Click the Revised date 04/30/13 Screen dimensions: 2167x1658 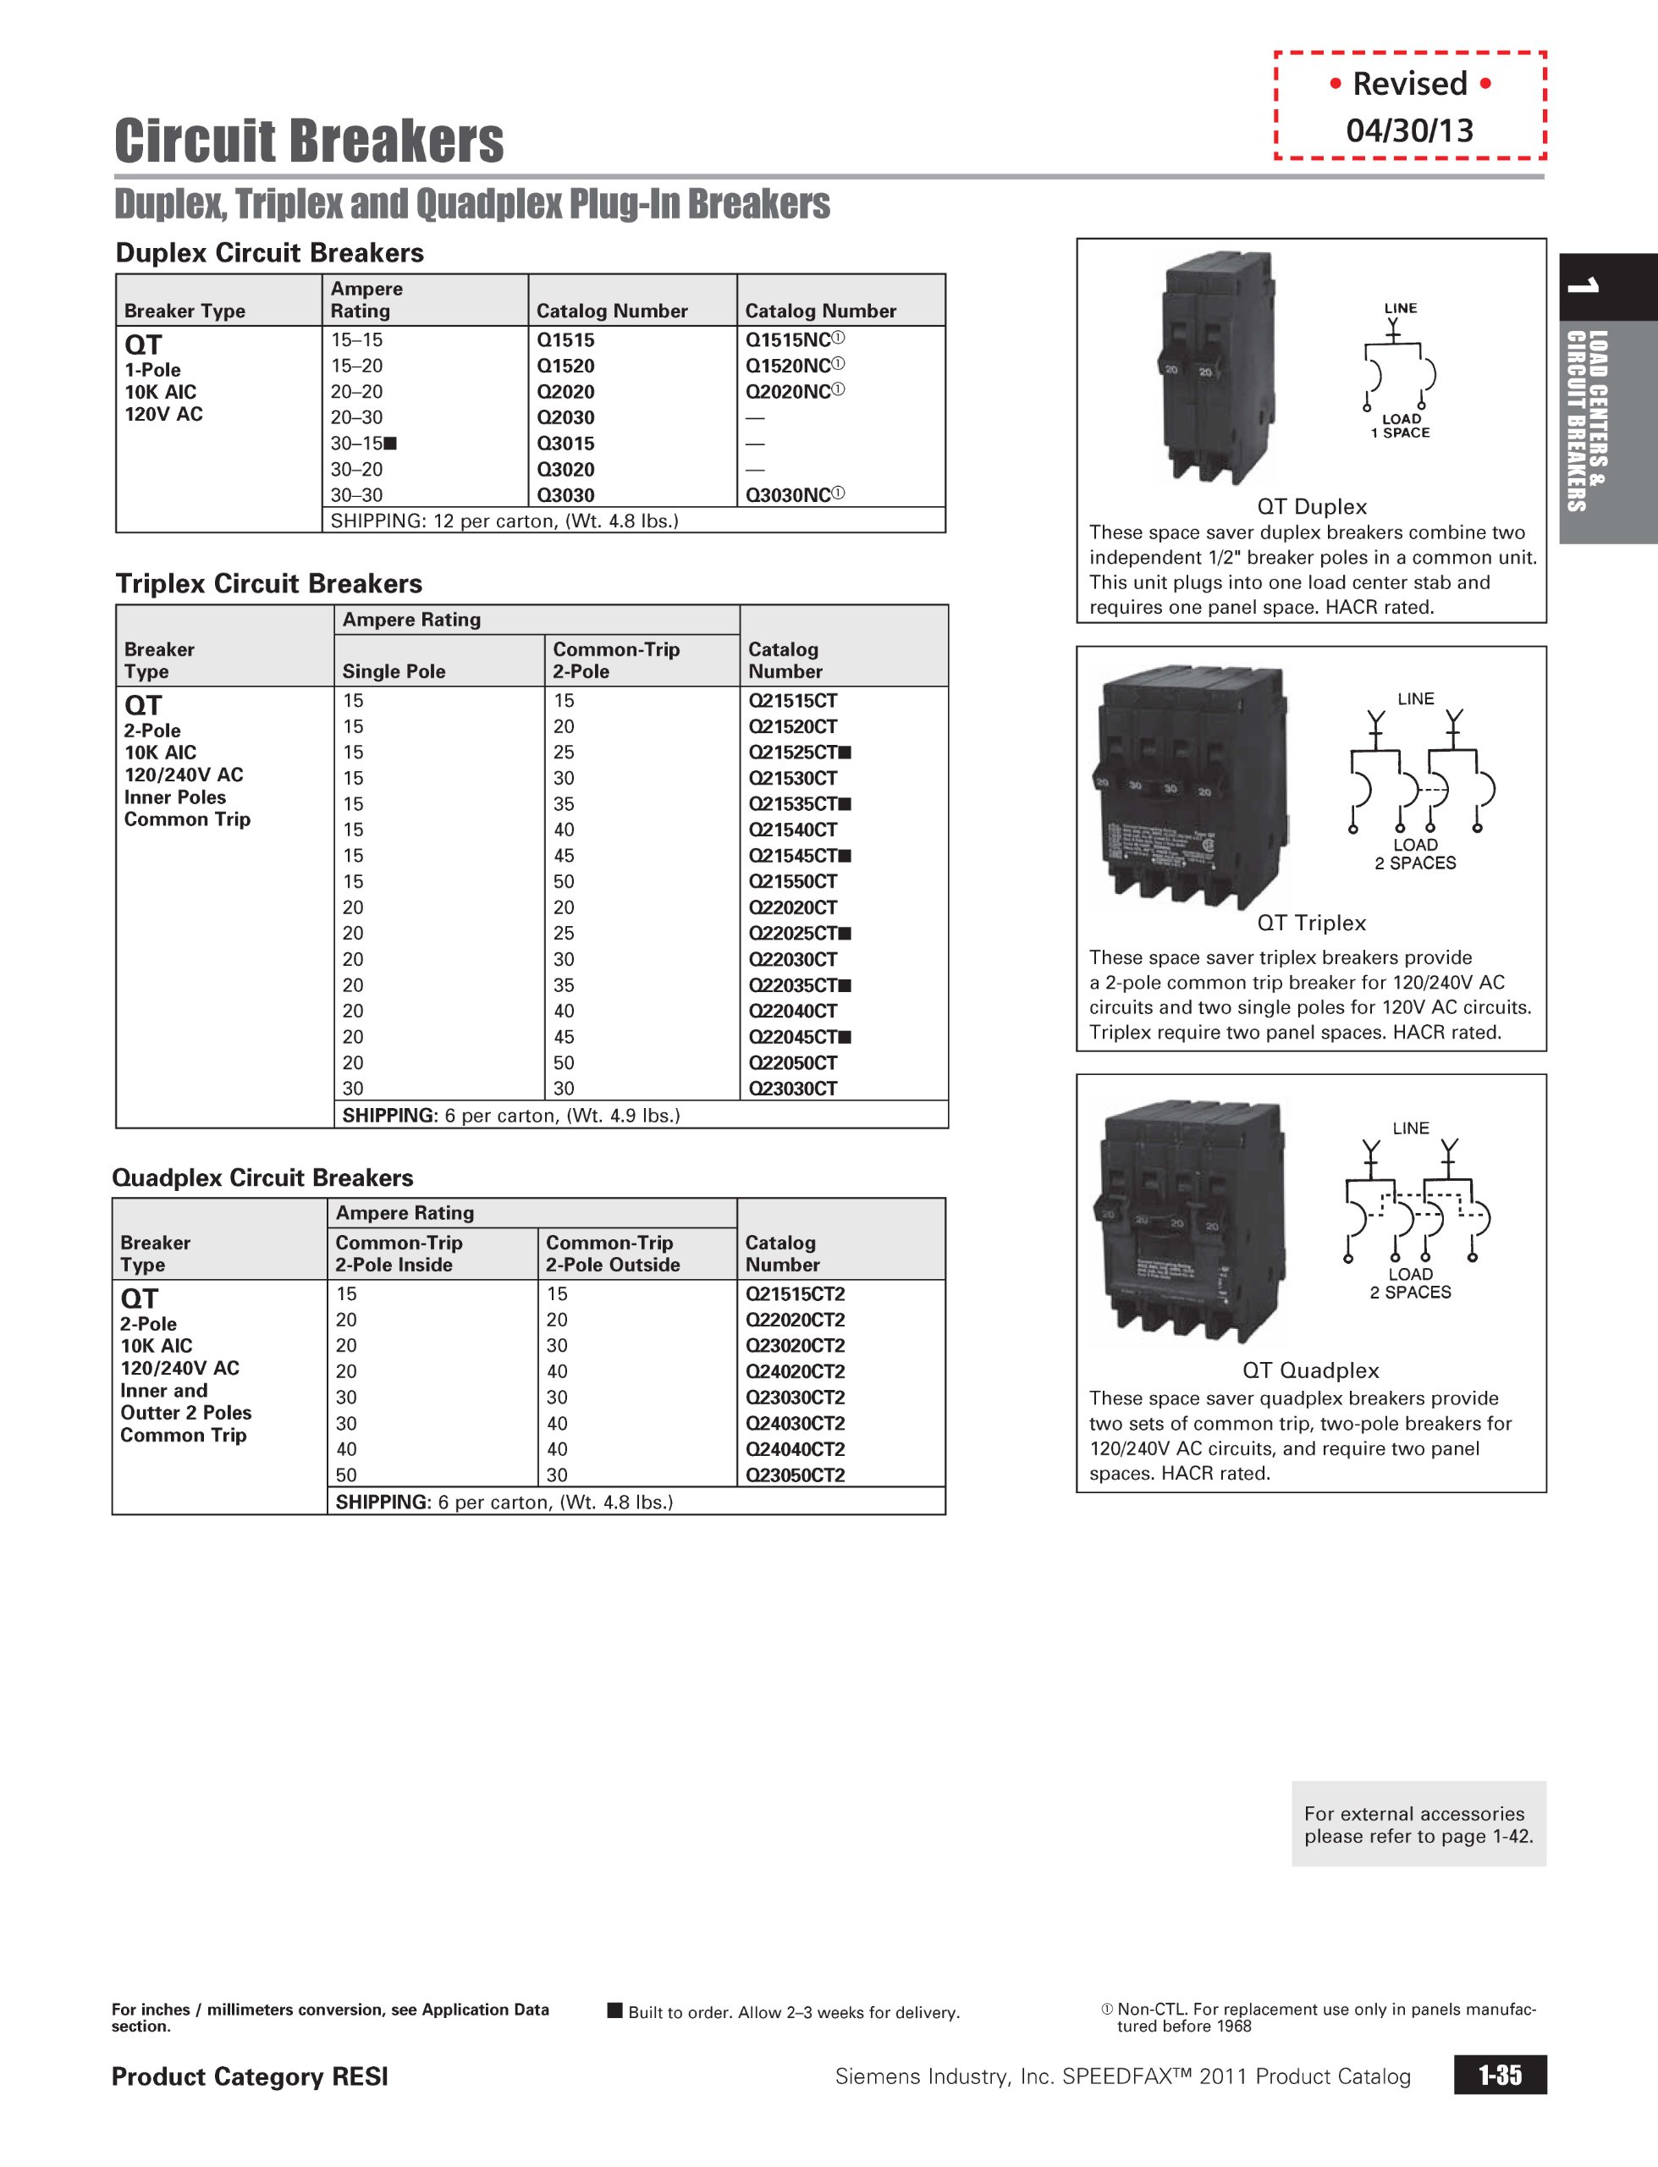[1409, 130]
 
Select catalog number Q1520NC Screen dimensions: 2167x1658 [789, 366]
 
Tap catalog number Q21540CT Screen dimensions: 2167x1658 [792, 830]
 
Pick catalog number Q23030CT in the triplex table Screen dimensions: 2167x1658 [792, 1089]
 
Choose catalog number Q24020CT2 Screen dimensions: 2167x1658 [795, 1371]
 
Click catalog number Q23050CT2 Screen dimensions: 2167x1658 [795, 1475]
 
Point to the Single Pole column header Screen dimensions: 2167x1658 [394, 671]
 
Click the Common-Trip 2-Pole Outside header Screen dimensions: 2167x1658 [613, 1254]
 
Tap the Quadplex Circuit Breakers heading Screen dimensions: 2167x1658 [262, 1177]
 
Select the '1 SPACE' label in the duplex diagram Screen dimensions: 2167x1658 [1401, 433]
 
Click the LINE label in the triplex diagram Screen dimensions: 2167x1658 [1415, 698]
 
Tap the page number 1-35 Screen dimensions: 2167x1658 [1499, 2076]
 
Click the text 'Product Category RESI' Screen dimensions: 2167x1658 [250, 2076]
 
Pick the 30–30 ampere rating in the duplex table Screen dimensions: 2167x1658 [356, 495]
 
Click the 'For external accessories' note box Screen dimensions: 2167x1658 [1418, 1824]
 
